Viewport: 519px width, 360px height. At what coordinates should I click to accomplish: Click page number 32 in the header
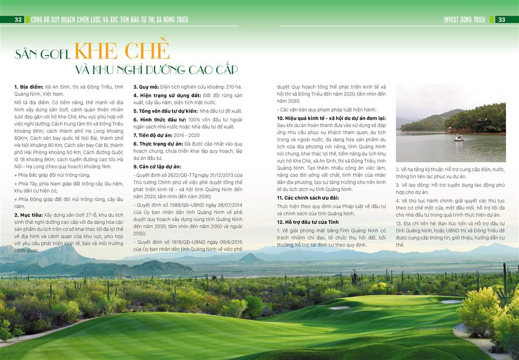point(18,20)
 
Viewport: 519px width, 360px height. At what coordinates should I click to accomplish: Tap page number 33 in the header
point(502,20)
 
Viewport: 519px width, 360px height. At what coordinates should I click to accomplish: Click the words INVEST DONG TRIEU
point(464,20)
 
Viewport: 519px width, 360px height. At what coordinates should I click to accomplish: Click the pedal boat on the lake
point(459,137)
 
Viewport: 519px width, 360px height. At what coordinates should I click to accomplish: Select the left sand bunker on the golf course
point(339,308)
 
